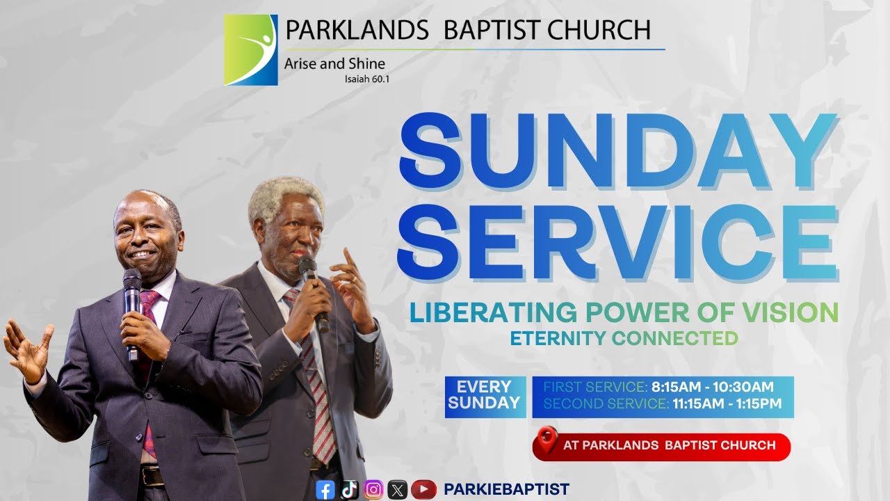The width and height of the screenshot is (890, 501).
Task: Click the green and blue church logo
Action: click(250, 50)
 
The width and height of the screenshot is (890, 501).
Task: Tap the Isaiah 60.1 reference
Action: click(366, 79)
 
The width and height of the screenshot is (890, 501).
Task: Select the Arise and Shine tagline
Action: click(334, 64)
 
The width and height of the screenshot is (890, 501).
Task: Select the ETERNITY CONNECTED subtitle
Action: click(624, 339)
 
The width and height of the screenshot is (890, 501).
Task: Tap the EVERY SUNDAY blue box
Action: click(485, 395)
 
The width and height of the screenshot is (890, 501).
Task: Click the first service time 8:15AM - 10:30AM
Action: click(712, 387)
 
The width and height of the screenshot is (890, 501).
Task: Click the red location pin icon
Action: click(547, 440)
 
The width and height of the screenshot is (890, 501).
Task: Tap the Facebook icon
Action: click(325, 490)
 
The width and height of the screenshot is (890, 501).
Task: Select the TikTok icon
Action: click(350, 490)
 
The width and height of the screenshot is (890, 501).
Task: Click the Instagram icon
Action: click(374, 490)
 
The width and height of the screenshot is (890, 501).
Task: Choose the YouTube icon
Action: click(423, 490)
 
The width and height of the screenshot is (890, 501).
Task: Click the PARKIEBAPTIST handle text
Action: click(506, 490)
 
